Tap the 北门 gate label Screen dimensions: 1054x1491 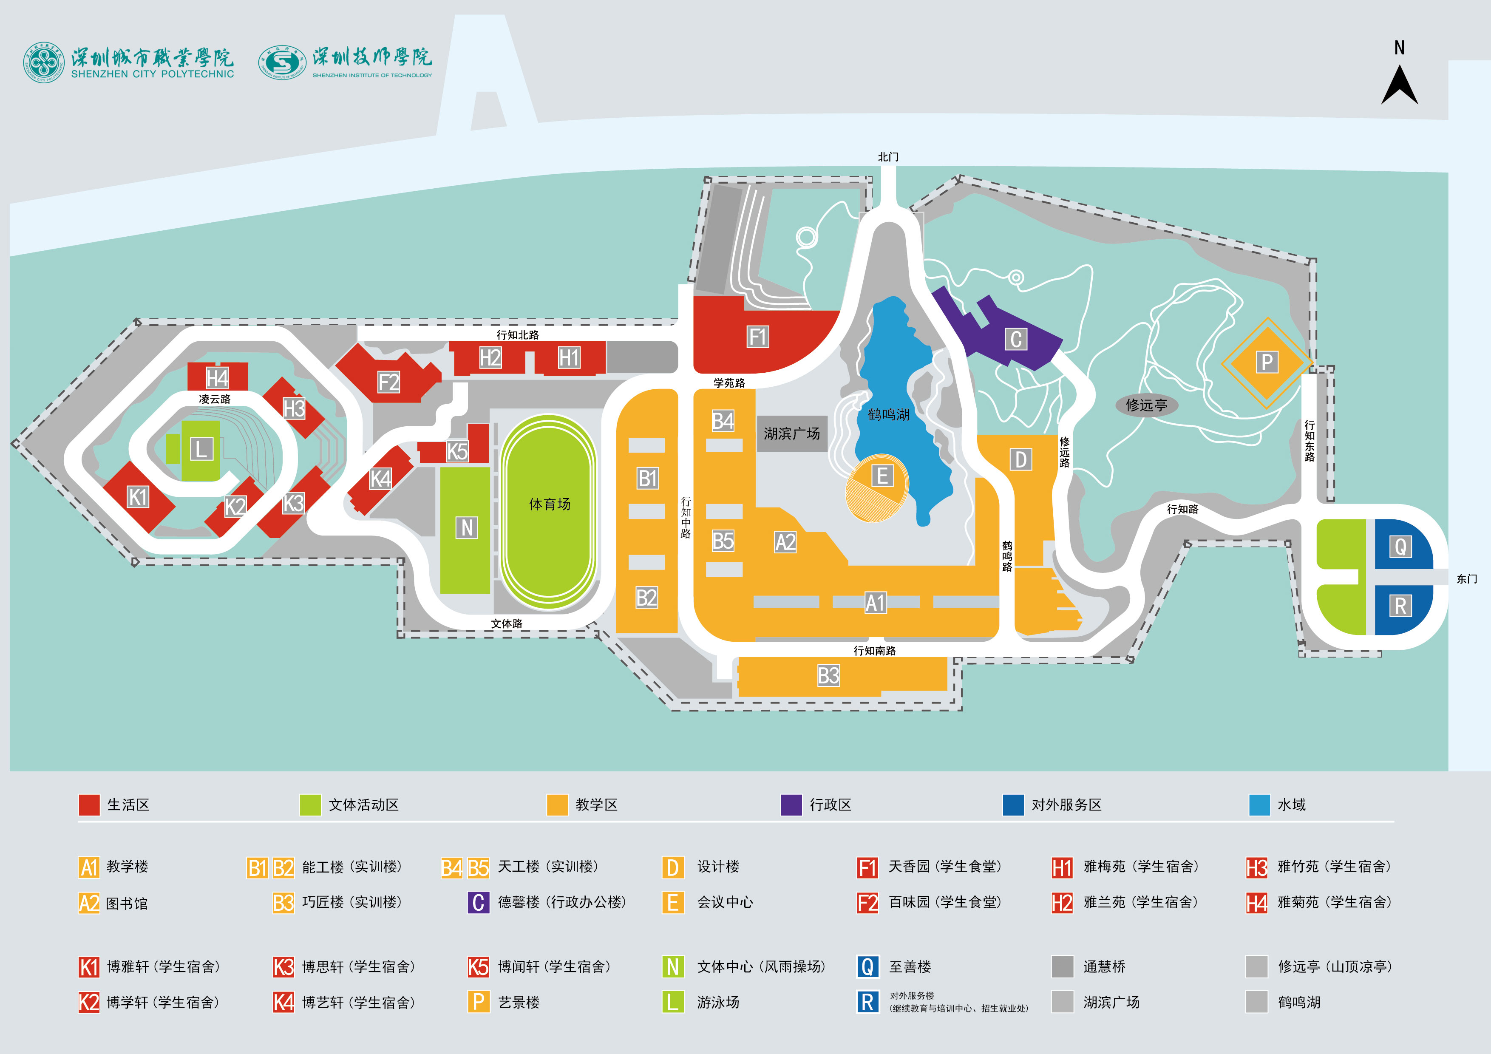[888, 157]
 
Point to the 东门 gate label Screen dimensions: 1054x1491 [1466, 578]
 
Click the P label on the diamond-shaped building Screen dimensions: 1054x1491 [1266, 363]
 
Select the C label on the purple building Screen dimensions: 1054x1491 [1016, 339]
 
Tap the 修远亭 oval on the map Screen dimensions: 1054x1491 [1146, 405]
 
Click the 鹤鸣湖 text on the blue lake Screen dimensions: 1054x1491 [888, 414]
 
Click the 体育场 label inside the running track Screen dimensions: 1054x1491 [550, 504]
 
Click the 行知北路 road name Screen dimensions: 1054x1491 [518, 335]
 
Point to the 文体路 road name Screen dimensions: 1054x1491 [507, 623]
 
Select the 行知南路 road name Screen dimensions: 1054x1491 [874, 651]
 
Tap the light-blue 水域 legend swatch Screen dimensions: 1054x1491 [1259, 805]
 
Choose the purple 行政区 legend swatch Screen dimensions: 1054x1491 [791, 805]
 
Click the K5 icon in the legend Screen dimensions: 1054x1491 [478, 967]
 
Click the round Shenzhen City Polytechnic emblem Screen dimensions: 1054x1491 [44, 63]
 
